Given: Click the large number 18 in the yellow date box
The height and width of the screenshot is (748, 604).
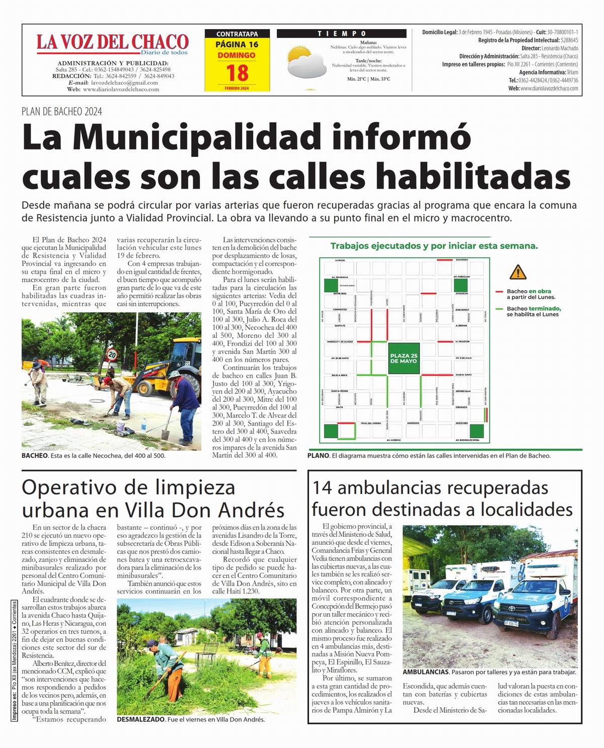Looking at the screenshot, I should click(x=237, y=73).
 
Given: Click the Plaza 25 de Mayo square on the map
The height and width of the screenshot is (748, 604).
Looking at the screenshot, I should click(x=404, y=358).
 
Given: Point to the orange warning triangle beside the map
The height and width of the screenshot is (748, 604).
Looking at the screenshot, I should click(x=517, y=273).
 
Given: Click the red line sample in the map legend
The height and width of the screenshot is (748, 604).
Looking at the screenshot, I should click(x=499, y=292).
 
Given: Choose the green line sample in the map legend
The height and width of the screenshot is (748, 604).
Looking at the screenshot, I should click(x=499, y=309).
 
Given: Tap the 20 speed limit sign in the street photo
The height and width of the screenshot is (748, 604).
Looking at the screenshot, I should click(x=113, y=354).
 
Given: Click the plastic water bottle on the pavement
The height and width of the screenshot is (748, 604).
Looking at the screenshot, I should click(x=143, y=425).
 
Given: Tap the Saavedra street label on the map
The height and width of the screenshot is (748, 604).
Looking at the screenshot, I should click(x=462, y=260).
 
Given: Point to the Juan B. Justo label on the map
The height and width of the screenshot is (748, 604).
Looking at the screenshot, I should click(x=463, y=375).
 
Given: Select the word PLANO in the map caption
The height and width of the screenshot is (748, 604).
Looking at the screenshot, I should click(x=318, y=456).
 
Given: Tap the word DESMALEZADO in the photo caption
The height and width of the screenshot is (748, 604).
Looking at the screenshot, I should click(x=140, y=719).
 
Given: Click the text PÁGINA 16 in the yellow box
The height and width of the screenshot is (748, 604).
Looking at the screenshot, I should click(x=237, y=44).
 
